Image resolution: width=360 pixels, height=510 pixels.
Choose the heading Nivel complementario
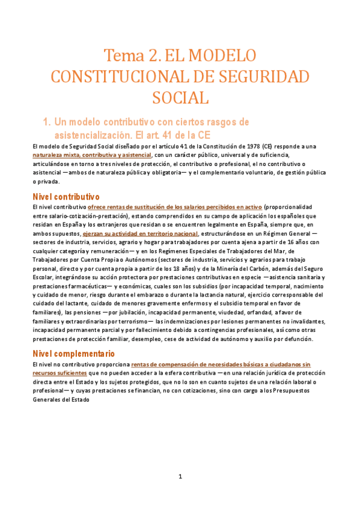(x=73, y=354)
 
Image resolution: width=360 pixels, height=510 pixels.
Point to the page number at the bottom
(x=180, y=477)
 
